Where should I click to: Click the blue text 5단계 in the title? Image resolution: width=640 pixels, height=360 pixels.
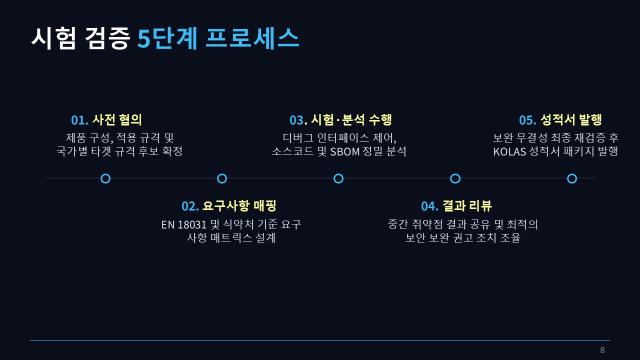coord(167,38)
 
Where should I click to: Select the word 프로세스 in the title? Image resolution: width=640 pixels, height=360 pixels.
coord(252,38)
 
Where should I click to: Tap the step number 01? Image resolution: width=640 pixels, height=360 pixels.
coord(79,120)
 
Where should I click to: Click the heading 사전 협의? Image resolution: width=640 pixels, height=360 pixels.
coord(117,119)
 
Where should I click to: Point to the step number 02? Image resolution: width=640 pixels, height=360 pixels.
coord(190,206)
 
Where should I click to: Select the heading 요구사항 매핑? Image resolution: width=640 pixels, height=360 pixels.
coord(239,205)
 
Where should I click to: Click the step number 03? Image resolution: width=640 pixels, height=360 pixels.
coord(298,120)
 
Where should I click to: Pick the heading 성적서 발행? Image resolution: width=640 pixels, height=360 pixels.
coord(571,119)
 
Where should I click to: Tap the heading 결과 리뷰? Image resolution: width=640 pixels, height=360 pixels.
coord(467,205)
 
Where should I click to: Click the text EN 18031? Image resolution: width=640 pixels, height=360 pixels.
coord(183,225)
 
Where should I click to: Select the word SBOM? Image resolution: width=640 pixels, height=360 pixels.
coord(345,151)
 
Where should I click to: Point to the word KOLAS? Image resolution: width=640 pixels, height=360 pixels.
coord(509,151)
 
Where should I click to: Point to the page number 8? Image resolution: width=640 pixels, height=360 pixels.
coord(602,350)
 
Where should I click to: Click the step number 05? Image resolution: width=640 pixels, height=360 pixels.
coord(527,120)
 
